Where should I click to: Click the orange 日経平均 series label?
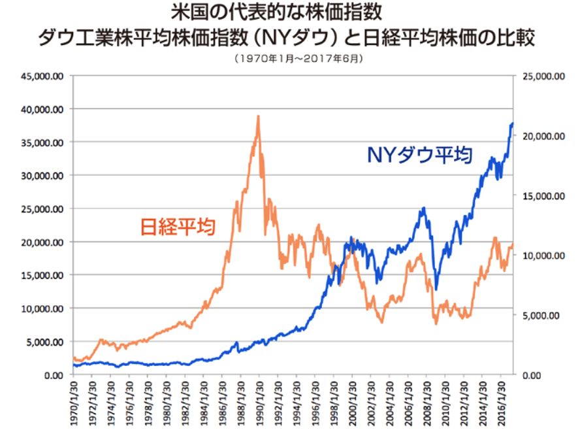click(178, 226)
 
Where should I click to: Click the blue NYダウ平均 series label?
click(418, 154)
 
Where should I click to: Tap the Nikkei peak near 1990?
click(259, 116)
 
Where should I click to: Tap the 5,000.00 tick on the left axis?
click(44, 342)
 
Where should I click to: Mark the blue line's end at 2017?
click(513, 123)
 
